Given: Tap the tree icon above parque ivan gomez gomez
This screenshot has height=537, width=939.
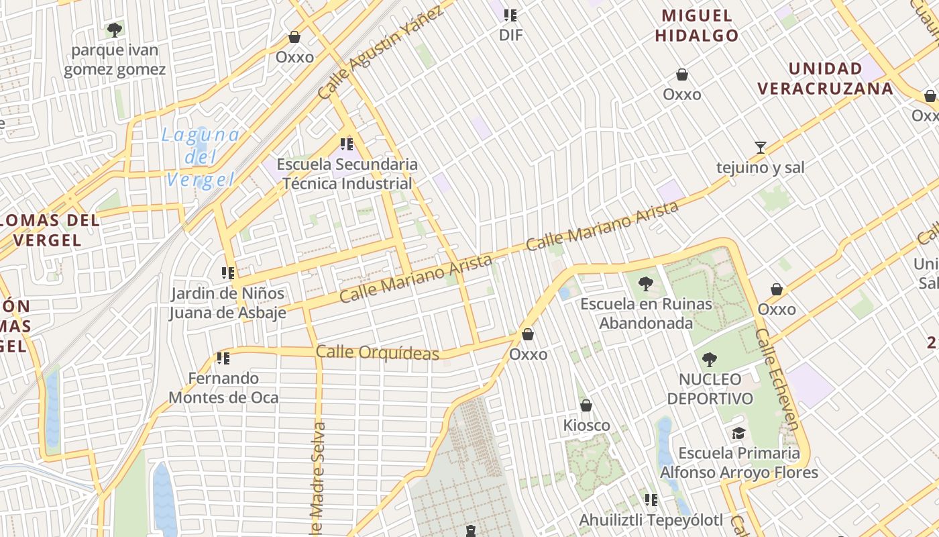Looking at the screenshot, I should (115, 30).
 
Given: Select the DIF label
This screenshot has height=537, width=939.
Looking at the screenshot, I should (510, 36).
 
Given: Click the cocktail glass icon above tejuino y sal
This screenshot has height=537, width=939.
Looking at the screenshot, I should (760, 147).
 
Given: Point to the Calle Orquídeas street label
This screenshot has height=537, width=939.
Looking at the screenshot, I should (377, 352).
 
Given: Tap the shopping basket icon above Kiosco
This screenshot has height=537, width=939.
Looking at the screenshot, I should (586, 405).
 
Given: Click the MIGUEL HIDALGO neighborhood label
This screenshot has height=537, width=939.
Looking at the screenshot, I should (697, 26).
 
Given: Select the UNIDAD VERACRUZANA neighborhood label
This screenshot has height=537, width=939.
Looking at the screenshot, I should (825, 79).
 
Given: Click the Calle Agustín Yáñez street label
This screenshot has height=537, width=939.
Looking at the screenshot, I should (380, 53).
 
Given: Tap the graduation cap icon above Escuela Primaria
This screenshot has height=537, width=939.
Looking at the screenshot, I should (738, 434).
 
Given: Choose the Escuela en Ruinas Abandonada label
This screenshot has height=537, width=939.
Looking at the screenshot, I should (646, 313).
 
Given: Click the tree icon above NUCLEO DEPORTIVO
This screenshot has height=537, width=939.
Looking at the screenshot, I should (710, 360).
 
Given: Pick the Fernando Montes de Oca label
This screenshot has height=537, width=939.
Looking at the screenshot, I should (223, 388).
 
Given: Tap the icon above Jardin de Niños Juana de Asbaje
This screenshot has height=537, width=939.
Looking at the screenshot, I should (228, 273).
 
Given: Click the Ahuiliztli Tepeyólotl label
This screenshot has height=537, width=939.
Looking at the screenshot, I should (651, 520).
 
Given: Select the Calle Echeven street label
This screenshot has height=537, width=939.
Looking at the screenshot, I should (777, 379).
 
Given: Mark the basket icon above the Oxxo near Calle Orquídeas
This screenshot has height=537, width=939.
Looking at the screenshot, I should (528, 334).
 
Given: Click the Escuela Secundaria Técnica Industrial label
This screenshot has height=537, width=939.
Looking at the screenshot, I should (347, 174).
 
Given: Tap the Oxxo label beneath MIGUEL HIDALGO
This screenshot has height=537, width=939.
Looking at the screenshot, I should (682, 95).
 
